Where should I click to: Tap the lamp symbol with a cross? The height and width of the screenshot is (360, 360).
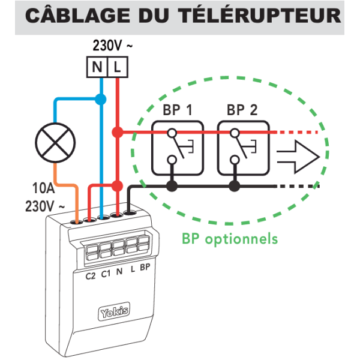(x=54, y=142)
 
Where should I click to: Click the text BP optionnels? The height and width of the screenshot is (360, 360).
(x=230, y=239)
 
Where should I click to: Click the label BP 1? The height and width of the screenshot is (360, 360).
(x=177, y=110)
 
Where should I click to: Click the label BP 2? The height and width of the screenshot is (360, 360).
(x=242, y=110)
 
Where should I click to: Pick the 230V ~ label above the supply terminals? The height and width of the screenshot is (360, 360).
(x=112, y=45)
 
